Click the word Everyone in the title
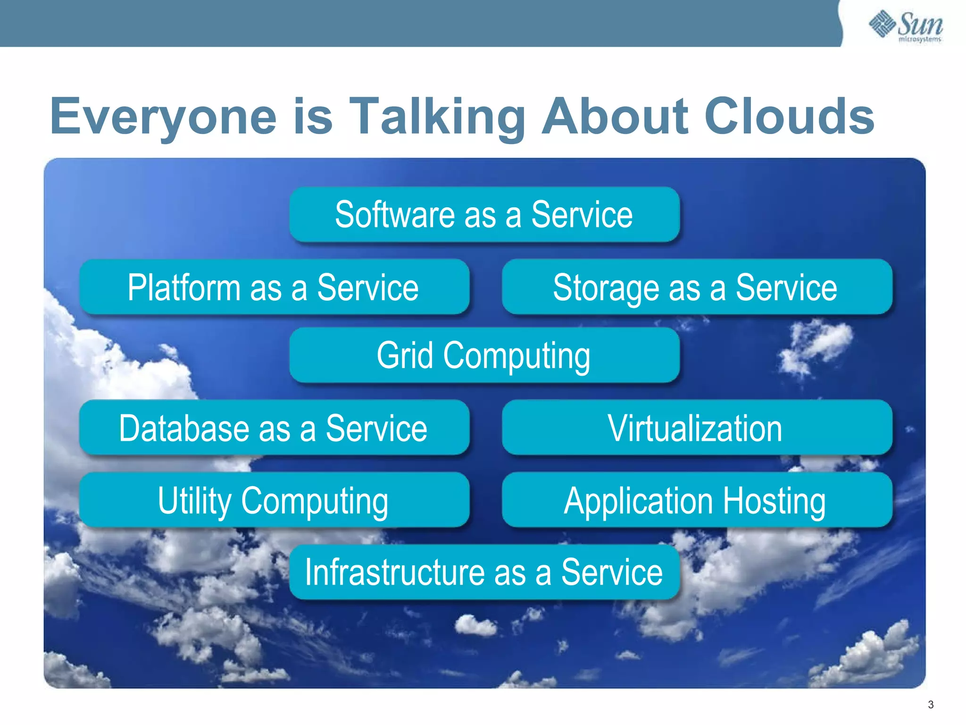tap(163, 116)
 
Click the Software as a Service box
tap(484, 215)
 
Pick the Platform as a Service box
tap(274, 287)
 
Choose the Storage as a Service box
tap(697, 287)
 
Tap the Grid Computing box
tap(484, 355)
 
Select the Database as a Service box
tap(274, 428)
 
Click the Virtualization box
tap(697, 428)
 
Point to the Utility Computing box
tap(274, 500)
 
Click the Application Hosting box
tap(697, 500)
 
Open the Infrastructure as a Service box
tap(484, 572)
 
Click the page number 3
tap(931, 705)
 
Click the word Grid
tap(405, 355)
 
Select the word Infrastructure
tap(394, 572)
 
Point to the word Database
tap(183, 428)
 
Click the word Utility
tap(194, 501)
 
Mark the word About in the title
tap(615, 116)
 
